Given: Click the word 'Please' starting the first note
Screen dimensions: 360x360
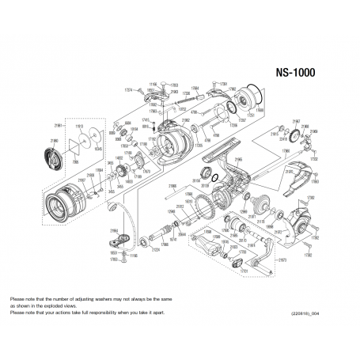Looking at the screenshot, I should point(17,298).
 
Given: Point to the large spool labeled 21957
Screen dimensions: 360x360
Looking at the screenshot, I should point(63,208).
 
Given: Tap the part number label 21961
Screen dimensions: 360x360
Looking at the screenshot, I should point(58,125).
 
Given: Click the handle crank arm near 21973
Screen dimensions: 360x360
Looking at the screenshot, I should point(261,257).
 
